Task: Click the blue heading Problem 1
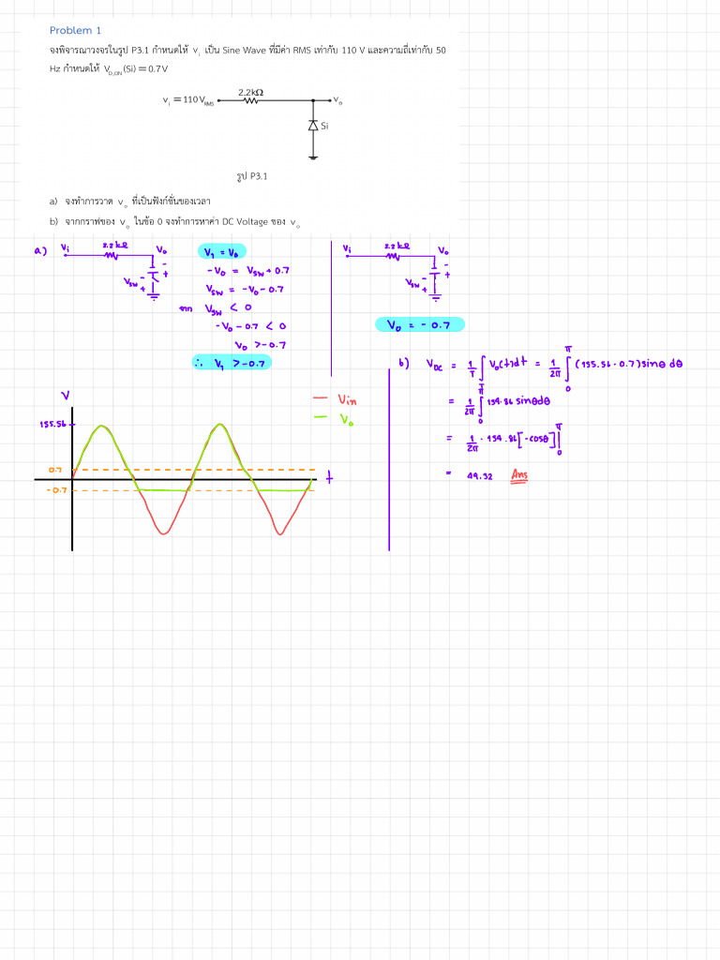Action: tap(75, 30)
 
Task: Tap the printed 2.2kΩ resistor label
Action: tap(250, 92)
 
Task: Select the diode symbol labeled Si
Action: tap(313, 126)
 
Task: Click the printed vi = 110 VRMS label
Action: tap(188, 99)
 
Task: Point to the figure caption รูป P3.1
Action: tap(252, 175)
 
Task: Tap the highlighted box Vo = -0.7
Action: tap(419, 325)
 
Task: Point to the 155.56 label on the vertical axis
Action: tap(52, 425)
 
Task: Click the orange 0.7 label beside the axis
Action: tap(55, 469)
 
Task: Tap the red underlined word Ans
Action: tap(519, 475)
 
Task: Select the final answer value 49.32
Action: tap(480, 476)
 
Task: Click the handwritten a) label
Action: tap(39, 250)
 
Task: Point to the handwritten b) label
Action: tap(404, 363)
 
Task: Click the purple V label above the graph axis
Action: tap(65, 395)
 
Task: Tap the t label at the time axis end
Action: tap(329, 479)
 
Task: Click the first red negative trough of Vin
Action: tap(165, 532)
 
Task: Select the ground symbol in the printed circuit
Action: tap(313, 156)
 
